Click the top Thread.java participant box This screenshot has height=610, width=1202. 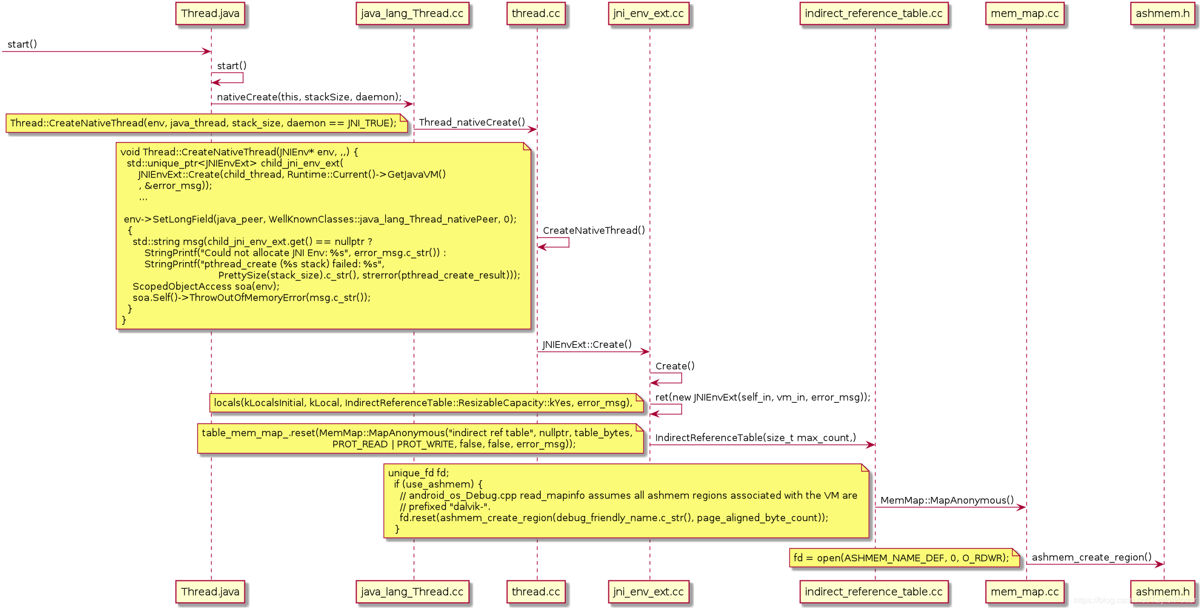pos(210,14)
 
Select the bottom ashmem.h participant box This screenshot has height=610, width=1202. pos(1162,591)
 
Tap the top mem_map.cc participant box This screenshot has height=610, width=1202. pos(1025,14)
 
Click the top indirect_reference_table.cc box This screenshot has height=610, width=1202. pos(873,14)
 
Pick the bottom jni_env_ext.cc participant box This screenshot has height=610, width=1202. pos(648,591)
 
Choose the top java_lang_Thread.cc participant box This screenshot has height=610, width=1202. pos(412,14)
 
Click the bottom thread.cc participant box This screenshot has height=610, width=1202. pos(535,591)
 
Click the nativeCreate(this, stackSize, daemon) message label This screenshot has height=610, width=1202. pos(309,97)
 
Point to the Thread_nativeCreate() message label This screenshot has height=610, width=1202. pos(472,122)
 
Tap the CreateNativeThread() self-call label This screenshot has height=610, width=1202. pos(594,230)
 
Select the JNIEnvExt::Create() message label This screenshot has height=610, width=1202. pos(587,345)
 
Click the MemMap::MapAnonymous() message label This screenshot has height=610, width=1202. pos(947,500)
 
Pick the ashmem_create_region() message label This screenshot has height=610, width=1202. pos(1091,557)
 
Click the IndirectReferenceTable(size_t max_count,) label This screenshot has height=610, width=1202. pos(755,438)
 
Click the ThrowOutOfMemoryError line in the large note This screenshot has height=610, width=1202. pos(251,298)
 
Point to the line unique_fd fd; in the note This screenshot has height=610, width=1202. pos(418,473)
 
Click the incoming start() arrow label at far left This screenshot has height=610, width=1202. pos(22,44)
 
